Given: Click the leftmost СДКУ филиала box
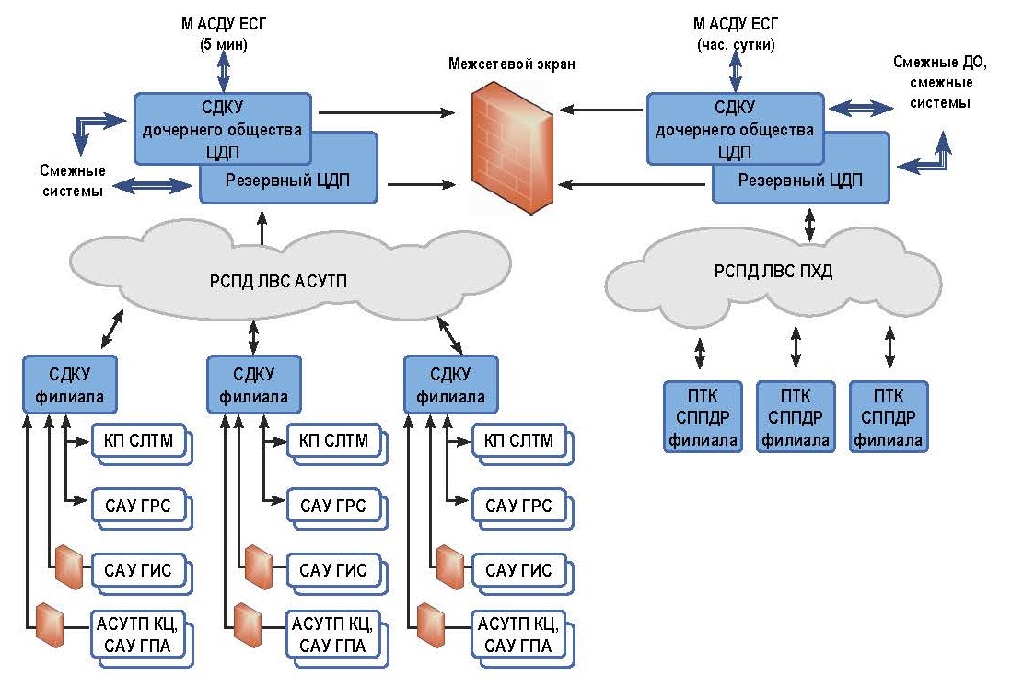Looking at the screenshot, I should [70, 385].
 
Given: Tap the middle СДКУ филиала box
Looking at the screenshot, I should [254, 385].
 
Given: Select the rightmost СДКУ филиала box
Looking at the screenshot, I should [451, 385].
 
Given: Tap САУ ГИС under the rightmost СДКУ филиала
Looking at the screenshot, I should [517, 570].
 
